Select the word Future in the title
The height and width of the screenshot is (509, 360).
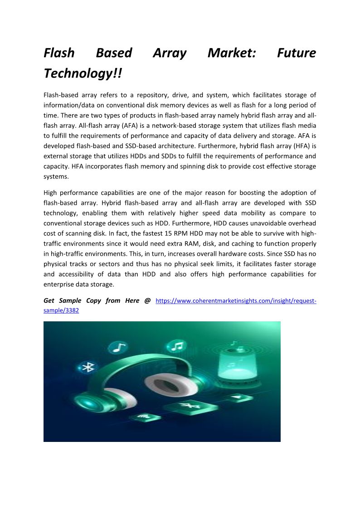pos(296,53)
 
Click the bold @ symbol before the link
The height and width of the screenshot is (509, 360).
pos(147,301)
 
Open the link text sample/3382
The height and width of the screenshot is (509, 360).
pos(61,311)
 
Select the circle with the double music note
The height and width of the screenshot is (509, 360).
pos(177,346)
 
